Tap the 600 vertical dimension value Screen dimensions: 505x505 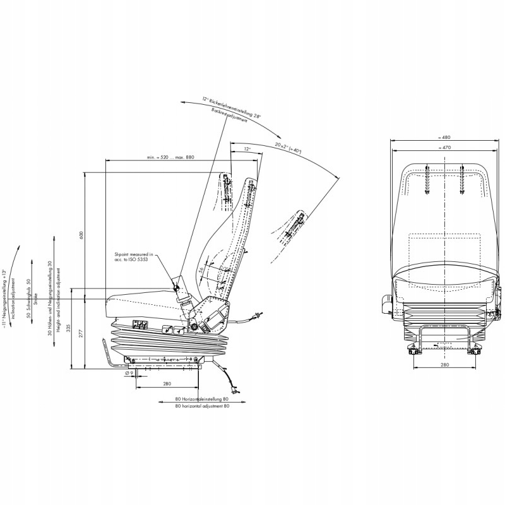tap(81, 235)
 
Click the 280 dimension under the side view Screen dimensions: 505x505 tap(167, 383)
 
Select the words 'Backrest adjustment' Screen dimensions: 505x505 tap(229, 117)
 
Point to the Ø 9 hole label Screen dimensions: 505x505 tap(128, 373)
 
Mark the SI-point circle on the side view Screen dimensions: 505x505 tap(177, 288)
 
